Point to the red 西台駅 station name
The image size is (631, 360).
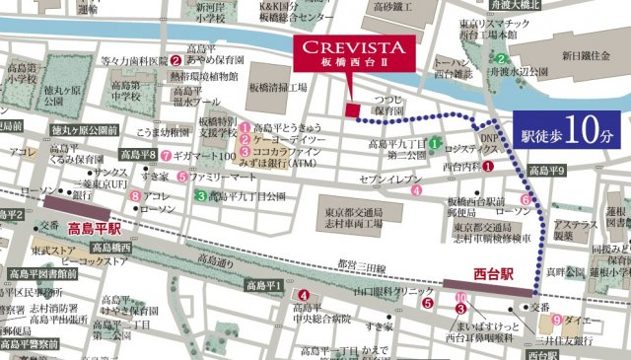click(x=483, y=267)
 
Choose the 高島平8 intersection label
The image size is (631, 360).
click(x=137, y=155)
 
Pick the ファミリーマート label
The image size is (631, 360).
click(x=225, y=177)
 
